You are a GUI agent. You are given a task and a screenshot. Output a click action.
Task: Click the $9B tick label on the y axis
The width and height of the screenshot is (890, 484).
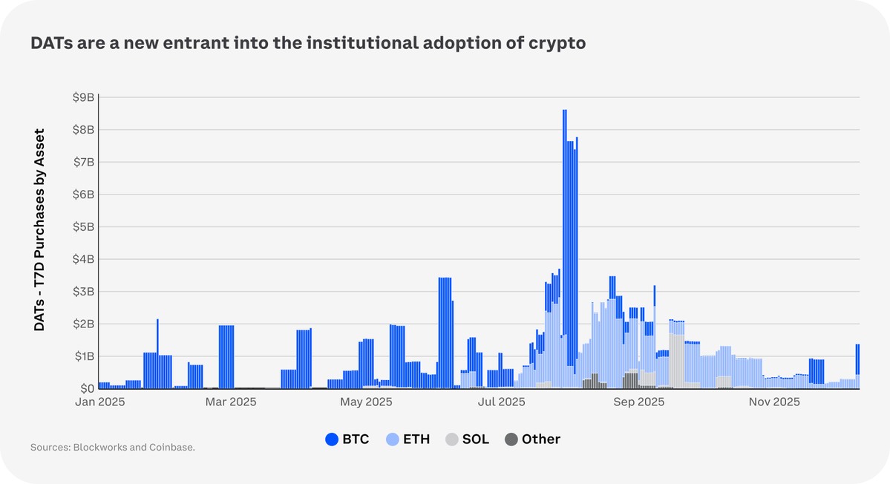tap(83, 97)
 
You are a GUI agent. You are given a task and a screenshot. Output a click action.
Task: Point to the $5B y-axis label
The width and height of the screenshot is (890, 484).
tap(83, 226)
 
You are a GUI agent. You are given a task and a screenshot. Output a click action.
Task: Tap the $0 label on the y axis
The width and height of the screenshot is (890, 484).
tap(86, 388)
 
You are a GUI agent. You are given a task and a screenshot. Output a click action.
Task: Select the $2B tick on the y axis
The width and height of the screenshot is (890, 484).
tap(83, 324)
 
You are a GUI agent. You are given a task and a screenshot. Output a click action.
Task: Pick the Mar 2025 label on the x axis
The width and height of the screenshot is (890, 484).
tap(230, 402)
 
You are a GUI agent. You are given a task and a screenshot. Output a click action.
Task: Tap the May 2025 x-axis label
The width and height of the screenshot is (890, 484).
tap(365, 402)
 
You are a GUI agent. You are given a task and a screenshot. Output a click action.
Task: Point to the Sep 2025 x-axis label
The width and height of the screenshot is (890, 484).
tap(639, 402)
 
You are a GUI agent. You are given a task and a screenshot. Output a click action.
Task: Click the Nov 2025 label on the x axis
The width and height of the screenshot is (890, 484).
tap(774, 402)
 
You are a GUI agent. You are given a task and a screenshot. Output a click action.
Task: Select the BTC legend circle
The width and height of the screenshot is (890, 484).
tap(332, 439)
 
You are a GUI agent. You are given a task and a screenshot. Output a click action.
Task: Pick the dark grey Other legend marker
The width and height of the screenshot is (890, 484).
tap(511, 439)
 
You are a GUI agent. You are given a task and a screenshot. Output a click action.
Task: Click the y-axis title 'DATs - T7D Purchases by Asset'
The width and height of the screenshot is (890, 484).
tap(40, 229)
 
